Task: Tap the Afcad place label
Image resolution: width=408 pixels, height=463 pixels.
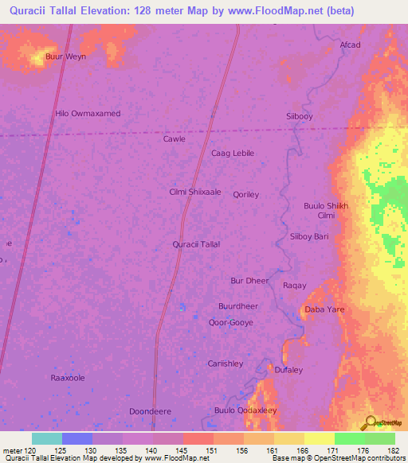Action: (x=350, y=45)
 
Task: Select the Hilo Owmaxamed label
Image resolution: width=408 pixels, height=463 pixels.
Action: (x=88, y=114)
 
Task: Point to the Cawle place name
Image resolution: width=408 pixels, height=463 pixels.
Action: (x=175, y=138)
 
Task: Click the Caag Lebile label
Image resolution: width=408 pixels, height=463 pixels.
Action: (x=233, y=153)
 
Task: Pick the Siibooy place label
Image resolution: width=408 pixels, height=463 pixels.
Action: (x=300, y=116)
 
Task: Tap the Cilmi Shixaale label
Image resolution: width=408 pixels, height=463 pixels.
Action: (x=195, y=192)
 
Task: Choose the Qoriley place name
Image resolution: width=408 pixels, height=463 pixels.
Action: (x=246, y=194)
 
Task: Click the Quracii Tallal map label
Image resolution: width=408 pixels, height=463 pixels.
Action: (x=196, y=244)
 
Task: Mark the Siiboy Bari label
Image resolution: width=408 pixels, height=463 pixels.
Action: (x=310, y=236)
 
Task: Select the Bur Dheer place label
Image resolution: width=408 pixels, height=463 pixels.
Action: (x=249, y=281)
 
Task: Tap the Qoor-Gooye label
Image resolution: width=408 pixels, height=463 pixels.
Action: (x=229, y=323)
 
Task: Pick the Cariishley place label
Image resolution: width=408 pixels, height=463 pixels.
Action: (x=226, y=363)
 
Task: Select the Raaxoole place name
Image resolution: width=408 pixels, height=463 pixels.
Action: (x=68, y=378)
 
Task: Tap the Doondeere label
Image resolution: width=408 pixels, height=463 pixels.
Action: (x=150, y=411)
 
